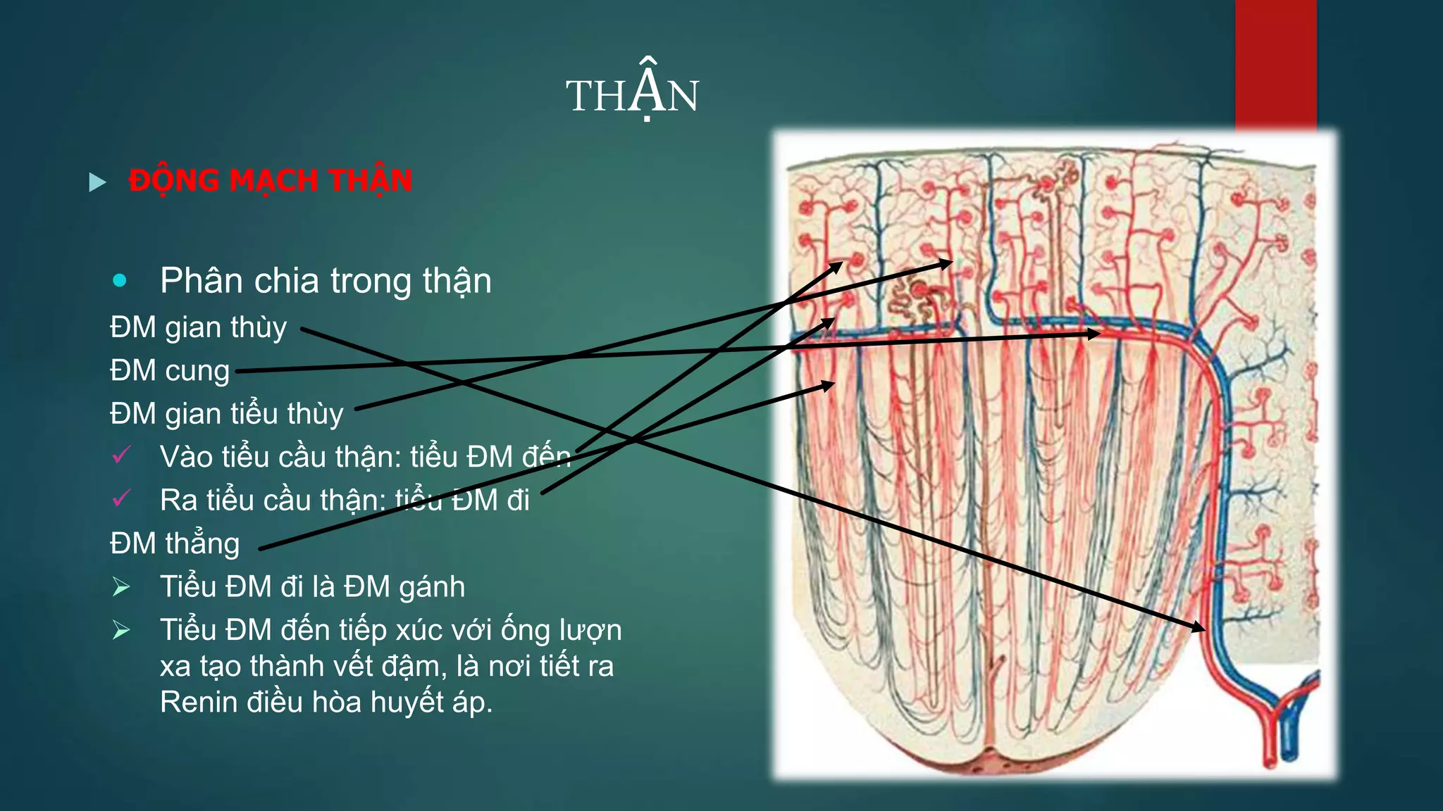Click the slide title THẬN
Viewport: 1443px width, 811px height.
[632, 95]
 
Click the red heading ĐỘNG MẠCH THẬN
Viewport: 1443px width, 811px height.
[271, 181]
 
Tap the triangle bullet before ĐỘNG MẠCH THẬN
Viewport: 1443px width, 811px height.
[97, 182]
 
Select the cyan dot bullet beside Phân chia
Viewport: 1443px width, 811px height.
[120, 281]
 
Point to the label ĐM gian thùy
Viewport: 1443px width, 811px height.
[199, 328]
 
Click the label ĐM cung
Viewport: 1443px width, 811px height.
[170, 371]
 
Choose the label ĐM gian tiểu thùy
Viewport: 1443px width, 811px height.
[227, 414]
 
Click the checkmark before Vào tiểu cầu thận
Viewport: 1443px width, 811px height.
[121, 455]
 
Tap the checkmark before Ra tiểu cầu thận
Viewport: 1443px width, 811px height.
[121, 499]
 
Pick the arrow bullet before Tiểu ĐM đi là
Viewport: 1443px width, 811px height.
[121, 586]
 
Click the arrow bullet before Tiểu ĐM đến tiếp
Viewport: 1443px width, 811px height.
[121, 629]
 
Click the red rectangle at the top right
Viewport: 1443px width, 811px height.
[1275, 63]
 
